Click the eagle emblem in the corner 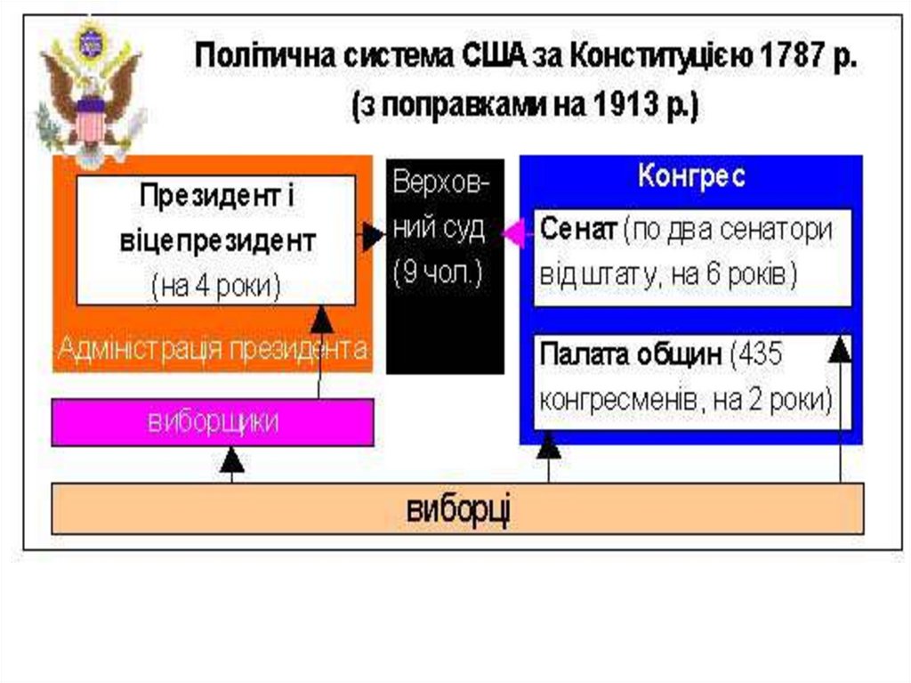tap(89, 94)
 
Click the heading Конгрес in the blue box tap(691, 175)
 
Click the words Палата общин tap(630, 354)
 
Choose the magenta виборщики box tap(213, 421)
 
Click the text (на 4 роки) tap(215, 285)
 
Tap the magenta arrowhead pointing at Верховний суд tap(512, 234)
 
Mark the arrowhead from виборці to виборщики tap(231, 459)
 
